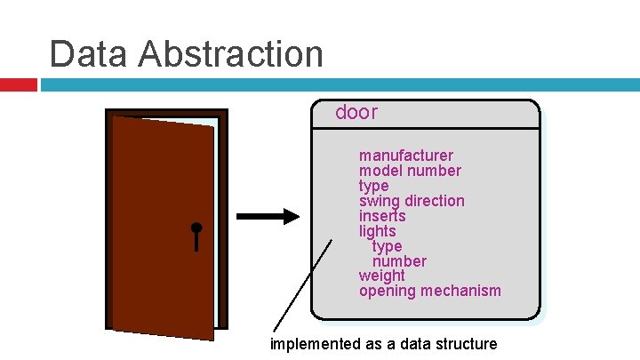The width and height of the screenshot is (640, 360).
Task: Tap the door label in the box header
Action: click(356, 113)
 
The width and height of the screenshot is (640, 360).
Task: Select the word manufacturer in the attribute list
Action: click(405, 156)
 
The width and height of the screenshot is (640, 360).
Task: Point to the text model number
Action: click(410, 171)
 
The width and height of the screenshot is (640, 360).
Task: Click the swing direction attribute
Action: click(412, 201)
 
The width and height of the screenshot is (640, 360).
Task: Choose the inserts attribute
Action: click(382, 216)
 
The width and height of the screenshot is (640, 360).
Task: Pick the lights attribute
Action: click(377, 231)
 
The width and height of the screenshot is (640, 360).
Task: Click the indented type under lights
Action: click(387, 246)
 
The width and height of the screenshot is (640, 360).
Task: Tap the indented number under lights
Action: click(399, 261)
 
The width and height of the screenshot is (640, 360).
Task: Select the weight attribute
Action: click(381, 276)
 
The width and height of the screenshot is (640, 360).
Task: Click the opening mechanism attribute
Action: click(429, 291)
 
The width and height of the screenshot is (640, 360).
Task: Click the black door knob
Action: click(196, 228)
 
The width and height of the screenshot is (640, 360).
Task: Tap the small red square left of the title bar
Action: click(18, 85)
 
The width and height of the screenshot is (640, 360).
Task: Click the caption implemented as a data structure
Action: click(383, 344)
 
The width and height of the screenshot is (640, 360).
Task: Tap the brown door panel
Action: click(160, 222)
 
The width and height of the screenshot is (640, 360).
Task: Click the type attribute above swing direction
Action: click(373, 186)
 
